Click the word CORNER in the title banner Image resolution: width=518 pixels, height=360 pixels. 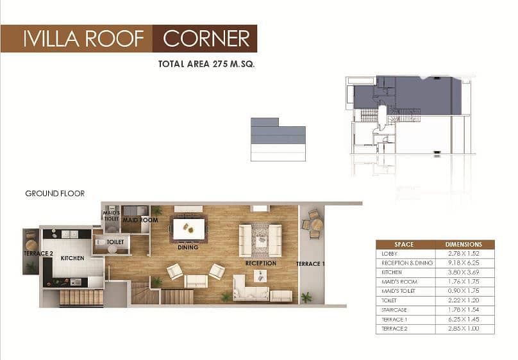(x=206, y=38)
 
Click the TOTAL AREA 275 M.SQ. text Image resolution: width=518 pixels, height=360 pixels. (x=206, y=64)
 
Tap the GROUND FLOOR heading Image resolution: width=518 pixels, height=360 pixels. (x=55, y=193)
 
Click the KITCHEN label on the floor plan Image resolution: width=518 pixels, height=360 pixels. (x=72, y=258)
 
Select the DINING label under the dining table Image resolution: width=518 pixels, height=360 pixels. (x=188, y=247)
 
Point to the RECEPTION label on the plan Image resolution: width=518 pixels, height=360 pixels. (x=261, y=263)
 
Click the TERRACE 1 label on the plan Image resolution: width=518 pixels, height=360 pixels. (x=310, y=264)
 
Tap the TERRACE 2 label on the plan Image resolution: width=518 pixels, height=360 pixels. (x=38, y=254)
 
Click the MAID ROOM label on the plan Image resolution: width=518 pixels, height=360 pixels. (x=140, y=220)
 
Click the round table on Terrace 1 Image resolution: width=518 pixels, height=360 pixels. (x=317, y=225)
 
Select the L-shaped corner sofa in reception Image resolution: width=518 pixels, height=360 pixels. (x=251, y=288)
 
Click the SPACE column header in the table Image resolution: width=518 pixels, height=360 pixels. (x=404, y=245)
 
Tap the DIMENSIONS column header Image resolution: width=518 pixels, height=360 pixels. (x=464, y=245)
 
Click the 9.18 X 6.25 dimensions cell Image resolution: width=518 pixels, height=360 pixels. (x=464, y=263)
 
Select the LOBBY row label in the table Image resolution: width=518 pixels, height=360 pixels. (x=389, y=254)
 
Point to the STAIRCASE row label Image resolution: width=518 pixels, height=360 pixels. (x=394, y=310)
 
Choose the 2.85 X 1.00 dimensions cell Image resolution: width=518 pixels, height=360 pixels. (x=464, y=329)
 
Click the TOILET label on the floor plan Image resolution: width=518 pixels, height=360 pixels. (x=115, y=242)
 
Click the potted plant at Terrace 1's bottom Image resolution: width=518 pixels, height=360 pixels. (x=306, y=297)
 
